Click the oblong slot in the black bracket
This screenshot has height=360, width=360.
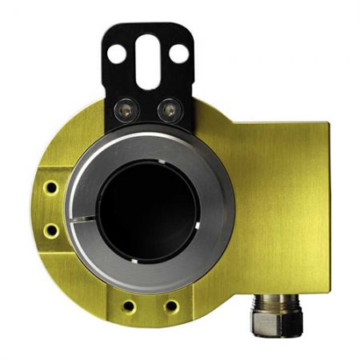pos(149,63)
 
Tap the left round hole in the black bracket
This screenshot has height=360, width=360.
pos(117,54)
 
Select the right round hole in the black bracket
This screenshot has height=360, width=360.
pos(180,54)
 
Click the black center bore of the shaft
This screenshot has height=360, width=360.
pos(147,210)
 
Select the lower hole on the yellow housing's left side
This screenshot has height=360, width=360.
pos(52,231)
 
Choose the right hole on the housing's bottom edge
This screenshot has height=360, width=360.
pos(170,306)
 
